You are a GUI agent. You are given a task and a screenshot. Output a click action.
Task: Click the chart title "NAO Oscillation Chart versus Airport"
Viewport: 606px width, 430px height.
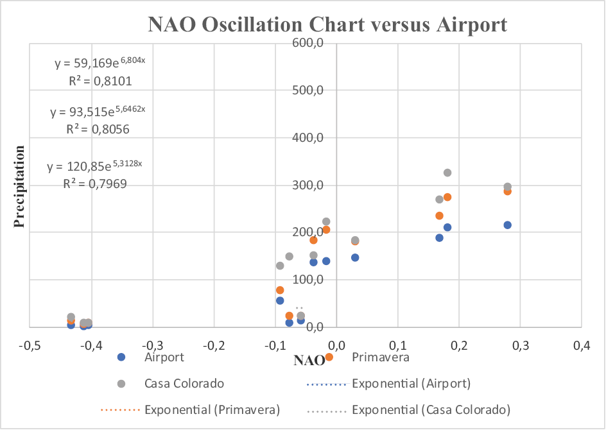(327, 25)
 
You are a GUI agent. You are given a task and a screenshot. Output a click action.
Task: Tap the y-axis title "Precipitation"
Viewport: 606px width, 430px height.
(20, 186)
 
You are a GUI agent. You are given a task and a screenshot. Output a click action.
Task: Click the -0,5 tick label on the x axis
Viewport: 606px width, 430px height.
(30, 346)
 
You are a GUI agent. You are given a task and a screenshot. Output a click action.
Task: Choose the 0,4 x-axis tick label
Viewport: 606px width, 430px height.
(581, 346)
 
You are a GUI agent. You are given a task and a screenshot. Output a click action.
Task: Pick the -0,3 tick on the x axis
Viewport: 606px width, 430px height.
(152, 346)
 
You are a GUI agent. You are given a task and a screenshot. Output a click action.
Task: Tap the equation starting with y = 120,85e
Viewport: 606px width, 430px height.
(94, 166)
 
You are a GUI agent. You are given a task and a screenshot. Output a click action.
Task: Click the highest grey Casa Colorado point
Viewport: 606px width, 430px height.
(447, 173)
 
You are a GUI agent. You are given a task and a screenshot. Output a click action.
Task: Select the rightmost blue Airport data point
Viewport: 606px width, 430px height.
(507, 225)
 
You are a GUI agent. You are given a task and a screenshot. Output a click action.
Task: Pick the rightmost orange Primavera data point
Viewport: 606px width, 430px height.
(507, 191)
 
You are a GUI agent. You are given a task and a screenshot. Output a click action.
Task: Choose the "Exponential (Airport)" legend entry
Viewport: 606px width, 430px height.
(411, 384)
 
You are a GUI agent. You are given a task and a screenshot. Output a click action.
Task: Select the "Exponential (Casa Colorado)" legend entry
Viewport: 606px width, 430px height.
(431, 409)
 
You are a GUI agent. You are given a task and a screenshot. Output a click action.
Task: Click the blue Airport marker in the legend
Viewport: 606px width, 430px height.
(123, 357)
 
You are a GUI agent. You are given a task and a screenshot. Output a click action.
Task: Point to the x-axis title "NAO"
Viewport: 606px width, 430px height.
(305, 360)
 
